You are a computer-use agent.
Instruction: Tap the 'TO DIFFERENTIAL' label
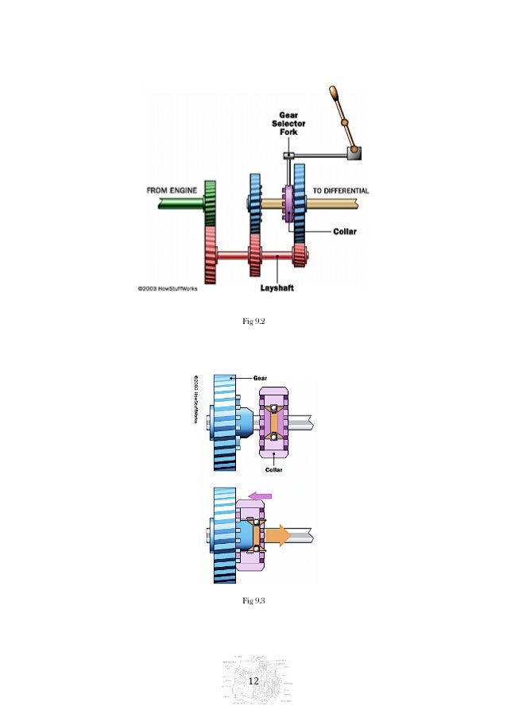340,191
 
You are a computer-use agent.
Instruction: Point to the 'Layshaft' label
277,287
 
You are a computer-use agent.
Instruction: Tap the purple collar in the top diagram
288,205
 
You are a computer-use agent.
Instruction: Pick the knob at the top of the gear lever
335,94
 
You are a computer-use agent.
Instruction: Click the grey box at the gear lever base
354,153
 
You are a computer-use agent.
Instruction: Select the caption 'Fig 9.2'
253,321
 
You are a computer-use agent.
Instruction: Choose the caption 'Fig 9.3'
253,600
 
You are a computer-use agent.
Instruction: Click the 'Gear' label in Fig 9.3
260,378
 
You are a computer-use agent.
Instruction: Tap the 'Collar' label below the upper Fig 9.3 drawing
273,469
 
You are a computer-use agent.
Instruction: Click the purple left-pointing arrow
261,495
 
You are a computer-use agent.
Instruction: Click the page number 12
253,682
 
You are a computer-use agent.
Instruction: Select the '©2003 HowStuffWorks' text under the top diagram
164,288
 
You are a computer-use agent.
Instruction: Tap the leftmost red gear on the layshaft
211,254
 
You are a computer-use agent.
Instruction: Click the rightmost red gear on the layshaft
300,256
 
